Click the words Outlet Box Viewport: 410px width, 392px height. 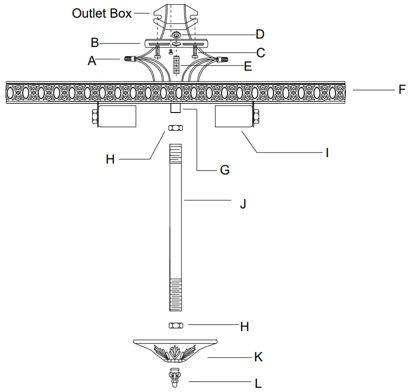(x=102, y=13)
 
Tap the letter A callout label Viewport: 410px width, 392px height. (x=92, y=60)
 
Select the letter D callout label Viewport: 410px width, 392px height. (x=260, y=34)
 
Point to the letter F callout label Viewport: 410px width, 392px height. (x=402, y=89)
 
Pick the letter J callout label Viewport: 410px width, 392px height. (x=242, y=203)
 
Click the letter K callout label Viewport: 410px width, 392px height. (x=258, y=357)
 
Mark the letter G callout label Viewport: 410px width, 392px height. (x=224, y=170)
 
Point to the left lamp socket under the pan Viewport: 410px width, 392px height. (x=116, y=116)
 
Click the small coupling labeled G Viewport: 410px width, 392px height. (x=176, y=108)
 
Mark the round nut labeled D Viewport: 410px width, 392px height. (x=176, y=35)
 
